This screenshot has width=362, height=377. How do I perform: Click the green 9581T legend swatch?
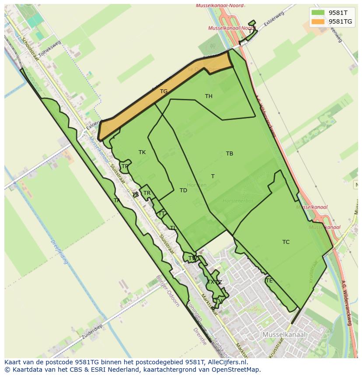tap(318, 13)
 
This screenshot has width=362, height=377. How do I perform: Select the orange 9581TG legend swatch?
tap(318, 21)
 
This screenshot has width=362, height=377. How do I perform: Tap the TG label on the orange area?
tap(164, 92)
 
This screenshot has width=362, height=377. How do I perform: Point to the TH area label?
tap(209, 96)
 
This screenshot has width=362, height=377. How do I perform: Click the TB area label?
tap(230, 154)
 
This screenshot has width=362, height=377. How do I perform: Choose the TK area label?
tap(142, 152)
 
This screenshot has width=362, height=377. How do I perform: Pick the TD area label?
tap(183, 190)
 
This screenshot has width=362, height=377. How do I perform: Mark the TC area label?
tap(286, 242)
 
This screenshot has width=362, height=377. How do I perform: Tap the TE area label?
tap(269, 281)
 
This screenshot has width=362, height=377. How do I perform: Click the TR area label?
tap(147, 193)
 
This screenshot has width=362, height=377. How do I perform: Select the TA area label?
tap(117, 201)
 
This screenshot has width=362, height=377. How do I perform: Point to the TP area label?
tap(125, 166)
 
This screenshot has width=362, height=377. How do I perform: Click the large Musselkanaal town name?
tap(284, 335)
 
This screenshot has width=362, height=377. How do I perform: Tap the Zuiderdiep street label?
tap(92, 332)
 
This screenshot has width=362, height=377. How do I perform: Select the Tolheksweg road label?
tap(49, 49)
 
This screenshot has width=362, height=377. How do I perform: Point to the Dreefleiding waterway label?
tap(59, 252)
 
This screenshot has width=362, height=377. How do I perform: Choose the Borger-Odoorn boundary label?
tap(167, 291)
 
